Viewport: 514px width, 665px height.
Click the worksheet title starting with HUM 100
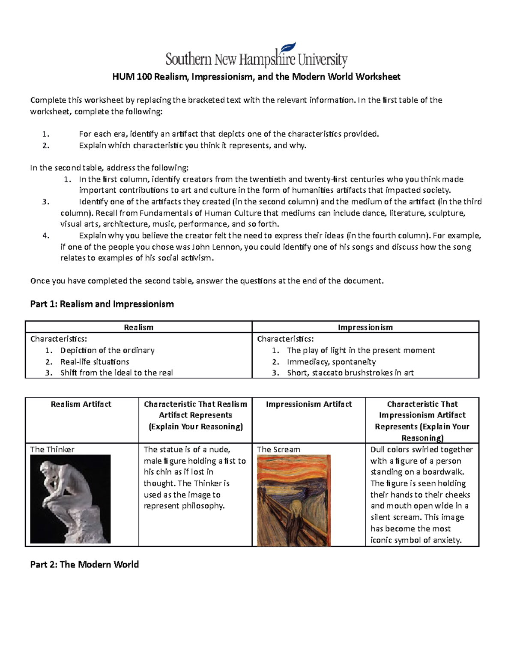coord(256,77)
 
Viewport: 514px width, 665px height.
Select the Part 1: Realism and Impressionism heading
coord(102,304)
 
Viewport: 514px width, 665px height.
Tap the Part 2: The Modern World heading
coord(84,564)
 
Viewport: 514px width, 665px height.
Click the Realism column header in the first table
coord(138,328)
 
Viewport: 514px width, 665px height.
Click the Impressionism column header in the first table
coord(365,328)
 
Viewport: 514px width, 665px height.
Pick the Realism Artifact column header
coord(81,404)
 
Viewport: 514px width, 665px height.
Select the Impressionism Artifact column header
coord(308,404)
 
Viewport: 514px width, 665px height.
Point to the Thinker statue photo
coord(70,499)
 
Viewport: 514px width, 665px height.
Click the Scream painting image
coord(293,500)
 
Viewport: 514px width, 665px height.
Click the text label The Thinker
coord(52,450)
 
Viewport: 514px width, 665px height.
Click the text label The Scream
coord(278,450)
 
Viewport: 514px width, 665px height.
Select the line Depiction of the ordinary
coord(107,350)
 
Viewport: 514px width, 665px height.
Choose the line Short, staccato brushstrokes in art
coord(350,373)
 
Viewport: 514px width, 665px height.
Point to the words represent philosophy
coord(184,506)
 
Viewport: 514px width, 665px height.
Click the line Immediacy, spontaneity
coord(331,362)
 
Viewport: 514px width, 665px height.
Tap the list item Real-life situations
coord(95,362)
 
